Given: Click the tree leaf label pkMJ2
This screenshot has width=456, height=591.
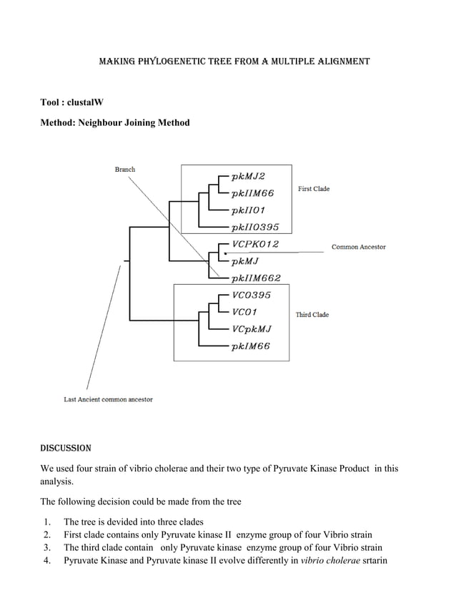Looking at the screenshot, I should [x=252, y=175].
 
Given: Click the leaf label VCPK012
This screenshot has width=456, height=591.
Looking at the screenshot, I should [x=256, y=245].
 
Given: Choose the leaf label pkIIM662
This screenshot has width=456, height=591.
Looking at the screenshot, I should [x=256, y=278].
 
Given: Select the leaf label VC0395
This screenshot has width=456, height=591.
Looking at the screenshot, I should [x=252, y=295].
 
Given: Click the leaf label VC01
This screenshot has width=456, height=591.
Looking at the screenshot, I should [x=245, y=312].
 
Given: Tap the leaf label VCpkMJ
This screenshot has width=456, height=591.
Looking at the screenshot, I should [x=252, y=329].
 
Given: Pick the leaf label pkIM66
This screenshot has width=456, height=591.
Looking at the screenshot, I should [x=250, y=347].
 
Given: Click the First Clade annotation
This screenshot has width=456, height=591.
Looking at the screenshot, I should [x=313, y=189].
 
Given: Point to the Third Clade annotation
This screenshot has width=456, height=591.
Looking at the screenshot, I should [x=312, y=315].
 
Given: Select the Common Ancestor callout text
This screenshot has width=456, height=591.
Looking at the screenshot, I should [x=358, y=247].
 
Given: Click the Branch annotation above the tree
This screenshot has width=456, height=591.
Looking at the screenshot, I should [x=125, y=170].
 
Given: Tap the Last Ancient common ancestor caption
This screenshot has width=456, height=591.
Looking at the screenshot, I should [x=108, y=399].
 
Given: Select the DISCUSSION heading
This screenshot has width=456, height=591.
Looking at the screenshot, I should [x=66, y=449].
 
